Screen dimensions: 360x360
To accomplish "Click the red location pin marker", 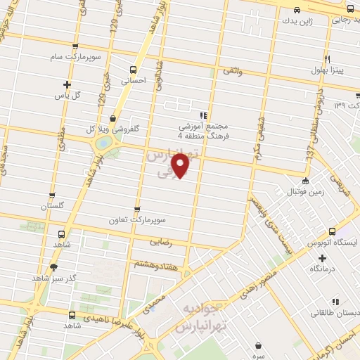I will (180, 165).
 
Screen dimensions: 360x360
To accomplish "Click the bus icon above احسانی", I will (134, 69).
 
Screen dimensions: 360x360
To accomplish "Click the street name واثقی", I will (232, 71).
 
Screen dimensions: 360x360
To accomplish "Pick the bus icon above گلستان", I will (52, 196).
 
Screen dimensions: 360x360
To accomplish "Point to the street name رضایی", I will (160, 241).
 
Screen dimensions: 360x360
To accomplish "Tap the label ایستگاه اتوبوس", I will (337, 242).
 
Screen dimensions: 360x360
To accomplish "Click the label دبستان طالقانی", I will (337, 311).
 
